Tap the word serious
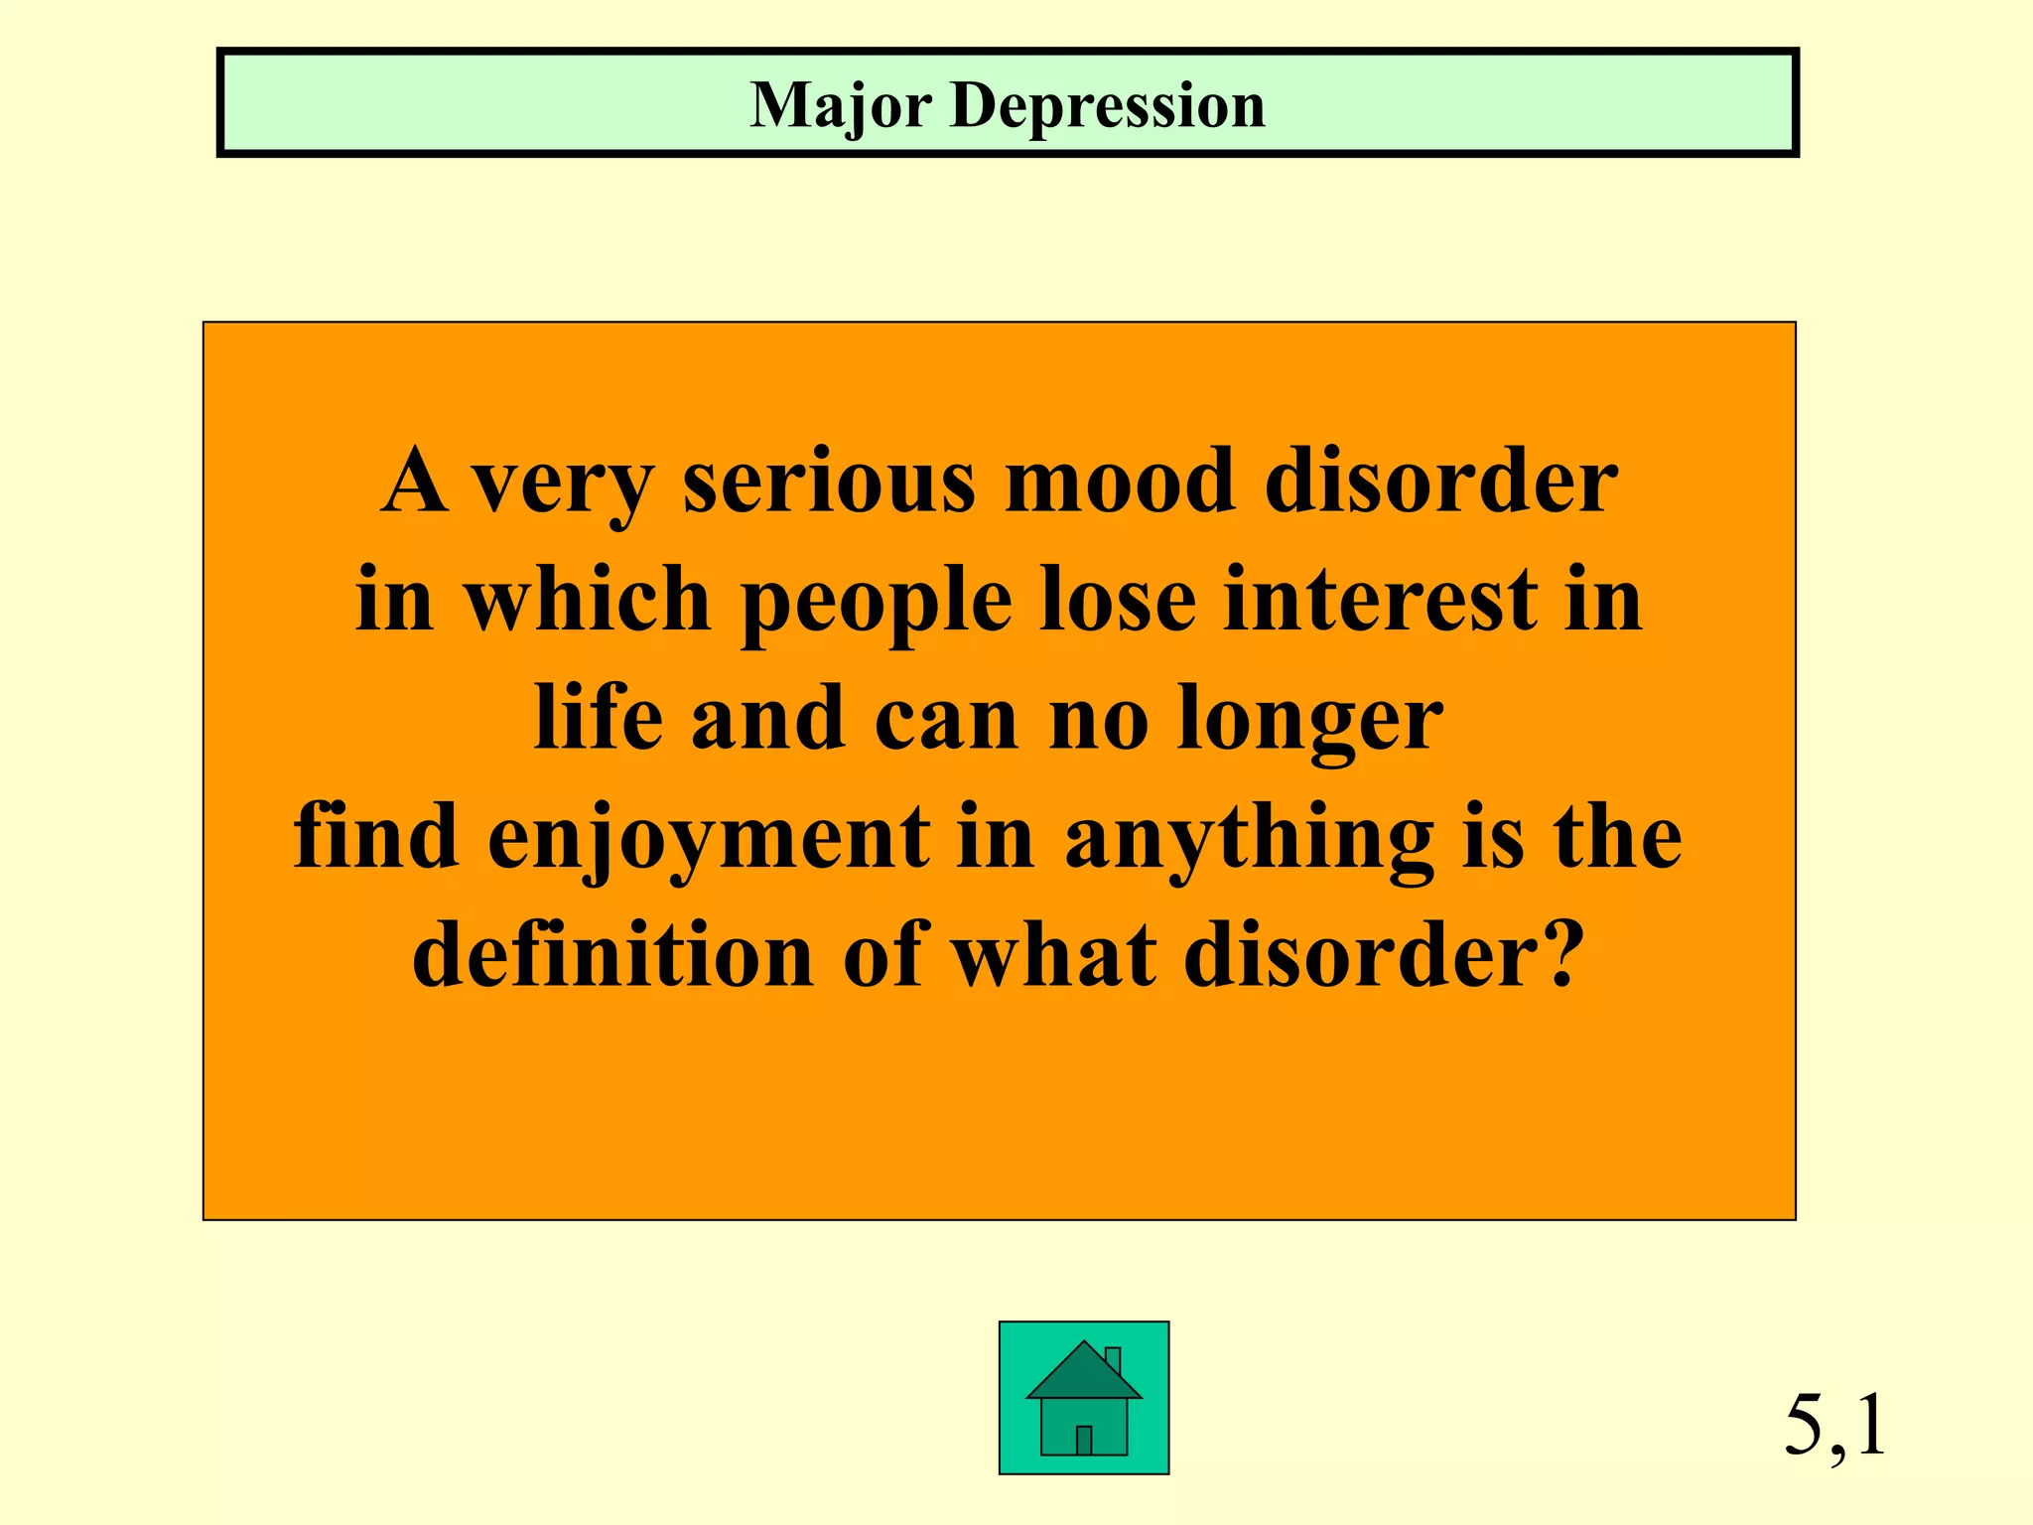tap(829, 482)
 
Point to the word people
tap(877, 602)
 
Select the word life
tap(598, 718)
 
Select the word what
tap(1054, 955)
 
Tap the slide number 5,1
tap(1834, 1427)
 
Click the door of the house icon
tap(1084, 1441)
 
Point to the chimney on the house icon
tap(1113, 1360)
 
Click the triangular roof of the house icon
tap(1083, 1376)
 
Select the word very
tap(562, 484)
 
